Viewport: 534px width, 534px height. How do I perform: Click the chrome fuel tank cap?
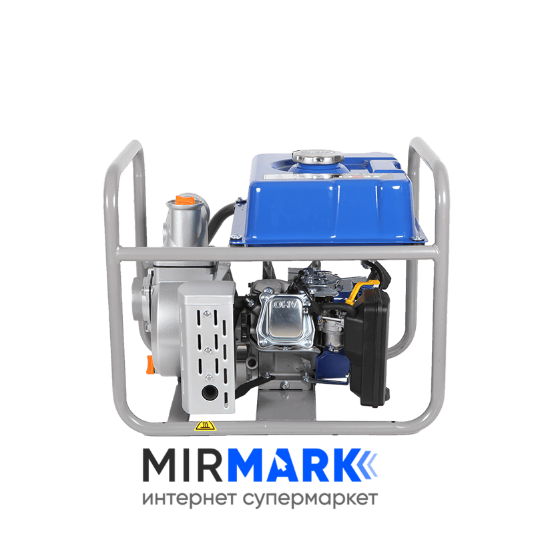point(318,156)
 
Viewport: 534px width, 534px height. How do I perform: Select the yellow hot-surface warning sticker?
point(206,426)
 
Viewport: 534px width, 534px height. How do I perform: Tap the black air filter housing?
point(368,347)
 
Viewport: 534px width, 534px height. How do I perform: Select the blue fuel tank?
point(328,201)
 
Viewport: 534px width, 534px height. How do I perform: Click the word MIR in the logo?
point(182,465)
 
